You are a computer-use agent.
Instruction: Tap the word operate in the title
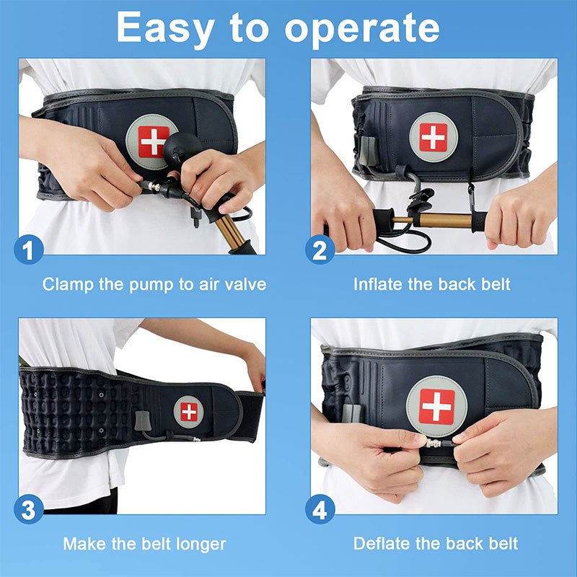point(361,29)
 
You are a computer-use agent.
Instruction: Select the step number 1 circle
point(29,250)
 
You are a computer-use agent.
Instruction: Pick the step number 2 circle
point(320,250)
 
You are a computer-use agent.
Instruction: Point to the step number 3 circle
point(29,511)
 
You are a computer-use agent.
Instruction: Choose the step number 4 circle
point(320,511)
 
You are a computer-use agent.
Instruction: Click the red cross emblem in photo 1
point(154,141)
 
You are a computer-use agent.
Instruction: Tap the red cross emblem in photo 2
point(433,137)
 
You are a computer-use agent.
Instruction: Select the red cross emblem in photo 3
point(188,412)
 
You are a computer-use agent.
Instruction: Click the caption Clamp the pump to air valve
point(154,284)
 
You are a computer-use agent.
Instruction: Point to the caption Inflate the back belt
point(431,284)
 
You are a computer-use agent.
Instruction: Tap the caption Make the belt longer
point(144,544)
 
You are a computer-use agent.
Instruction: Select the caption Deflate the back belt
point(436,544)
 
